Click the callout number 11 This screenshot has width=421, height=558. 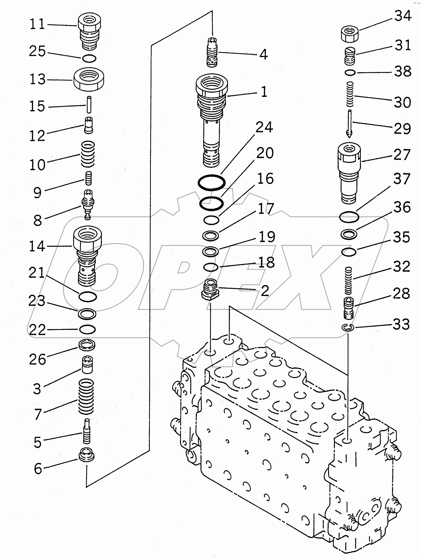tap(37, 24)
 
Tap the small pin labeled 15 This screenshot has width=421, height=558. tap(89, 105)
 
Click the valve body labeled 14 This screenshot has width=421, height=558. tap(87, 255)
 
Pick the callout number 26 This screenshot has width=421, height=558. tap(38, 359)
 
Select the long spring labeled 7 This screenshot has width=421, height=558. tap(86, 400)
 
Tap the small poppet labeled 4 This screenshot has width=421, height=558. tap(212, 52)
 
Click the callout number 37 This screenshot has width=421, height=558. tap(402, 179)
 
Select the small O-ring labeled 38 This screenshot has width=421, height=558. tap(350, 73)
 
